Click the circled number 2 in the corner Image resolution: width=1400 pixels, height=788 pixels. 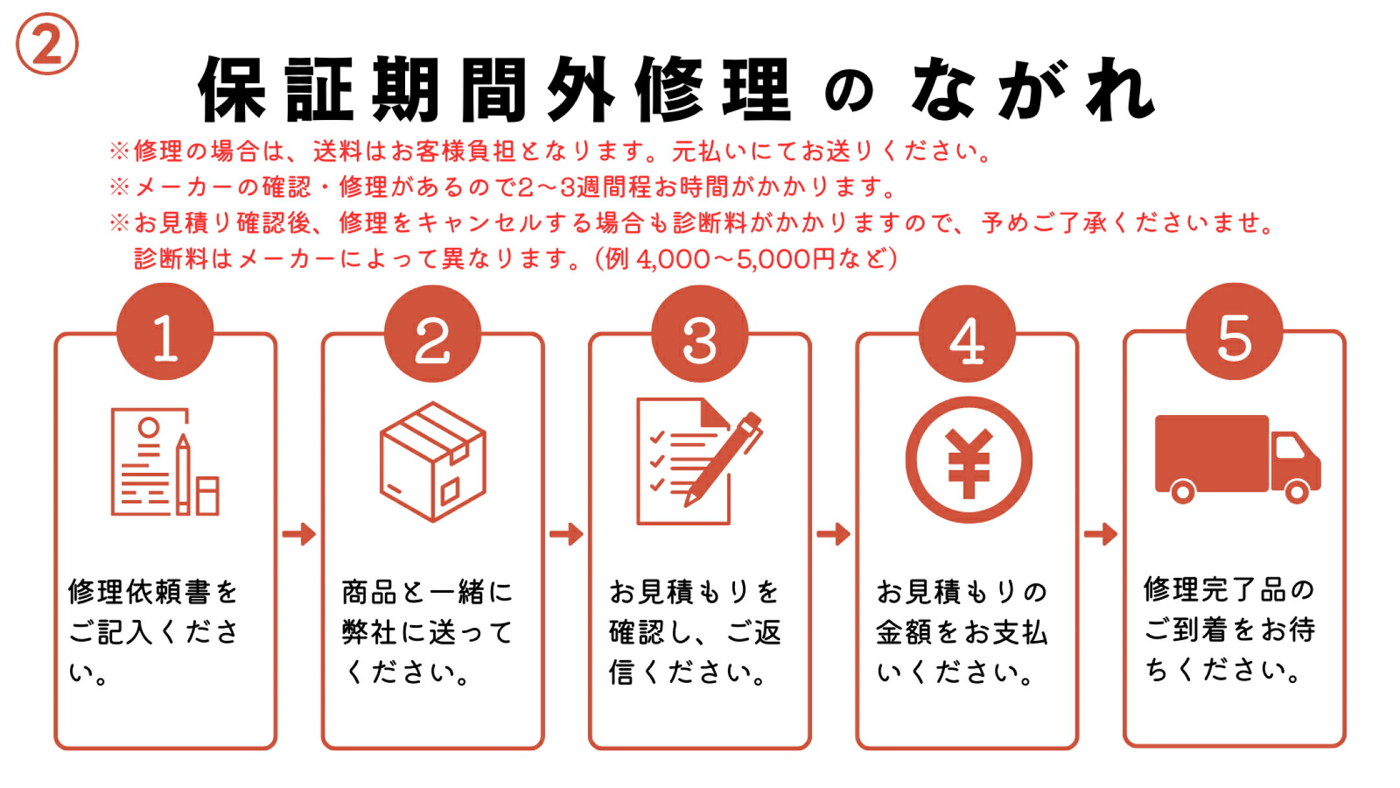point(47,44)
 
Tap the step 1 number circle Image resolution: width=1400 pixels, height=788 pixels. point(165,331)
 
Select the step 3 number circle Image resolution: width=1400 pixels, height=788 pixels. point(700,333)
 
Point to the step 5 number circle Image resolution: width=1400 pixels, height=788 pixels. point(1235,331)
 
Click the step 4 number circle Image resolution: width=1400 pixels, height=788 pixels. point(967,333)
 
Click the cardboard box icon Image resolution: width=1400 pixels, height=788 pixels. point(433,461)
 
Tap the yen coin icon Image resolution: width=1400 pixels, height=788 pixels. point(968,460)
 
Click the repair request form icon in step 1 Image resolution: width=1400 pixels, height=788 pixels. point(165,462)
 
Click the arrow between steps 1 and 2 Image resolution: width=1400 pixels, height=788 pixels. point(299,534)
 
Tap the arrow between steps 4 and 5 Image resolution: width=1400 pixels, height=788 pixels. point(1101,534)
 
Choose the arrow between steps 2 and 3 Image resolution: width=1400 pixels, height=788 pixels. point(566,534)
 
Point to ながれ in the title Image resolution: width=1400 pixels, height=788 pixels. point(1033,90)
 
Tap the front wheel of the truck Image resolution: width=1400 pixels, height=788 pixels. point(1297,492)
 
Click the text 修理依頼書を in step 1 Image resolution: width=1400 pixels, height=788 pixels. point(154,591)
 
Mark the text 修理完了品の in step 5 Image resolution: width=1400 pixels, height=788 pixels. point(1229,590)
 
